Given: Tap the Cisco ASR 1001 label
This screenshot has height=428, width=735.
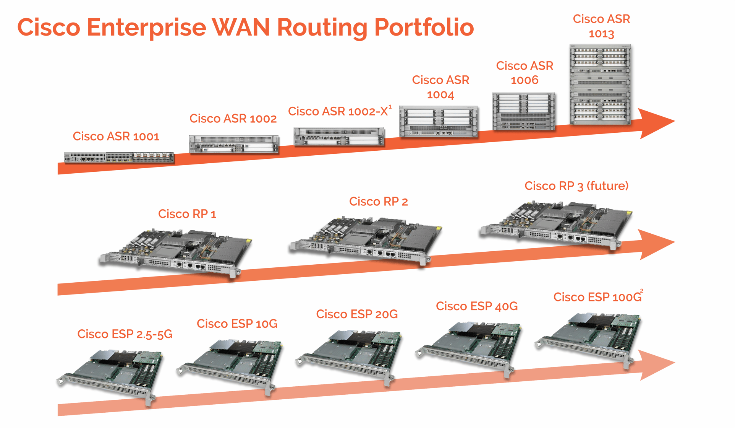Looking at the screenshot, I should pos(116,137).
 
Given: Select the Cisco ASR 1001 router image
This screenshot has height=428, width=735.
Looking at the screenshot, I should pos(119,157).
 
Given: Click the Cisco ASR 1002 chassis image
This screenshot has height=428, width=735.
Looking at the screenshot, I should pos(234,145).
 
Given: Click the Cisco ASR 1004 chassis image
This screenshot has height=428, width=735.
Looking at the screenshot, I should pos(439,122).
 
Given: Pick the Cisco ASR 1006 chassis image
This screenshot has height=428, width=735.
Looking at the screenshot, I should pos(523,111).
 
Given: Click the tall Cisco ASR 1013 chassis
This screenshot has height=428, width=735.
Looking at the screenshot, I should pos(600,85).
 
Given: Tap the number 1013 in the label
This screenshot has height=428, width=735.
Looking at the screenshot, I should pos(601,34).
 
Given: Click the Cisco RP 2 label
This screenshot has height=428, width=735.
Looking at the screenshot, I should pos(378,202).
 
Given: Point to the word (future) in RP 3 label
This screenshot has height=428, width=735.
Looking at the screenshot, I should pos(607,186).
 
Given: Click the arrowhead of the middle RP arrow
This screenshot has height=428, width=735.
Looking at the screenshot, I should pos(655,244).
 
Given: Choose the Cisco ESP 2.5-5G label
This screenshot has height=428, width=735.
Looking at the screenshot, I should pos(125,334).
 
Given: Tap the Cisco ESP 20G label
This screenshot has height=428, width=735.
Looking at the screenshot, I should pos(357,314).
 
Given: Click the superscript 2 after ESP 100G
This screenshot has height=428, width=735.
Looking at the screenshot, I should pos(642,291).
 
